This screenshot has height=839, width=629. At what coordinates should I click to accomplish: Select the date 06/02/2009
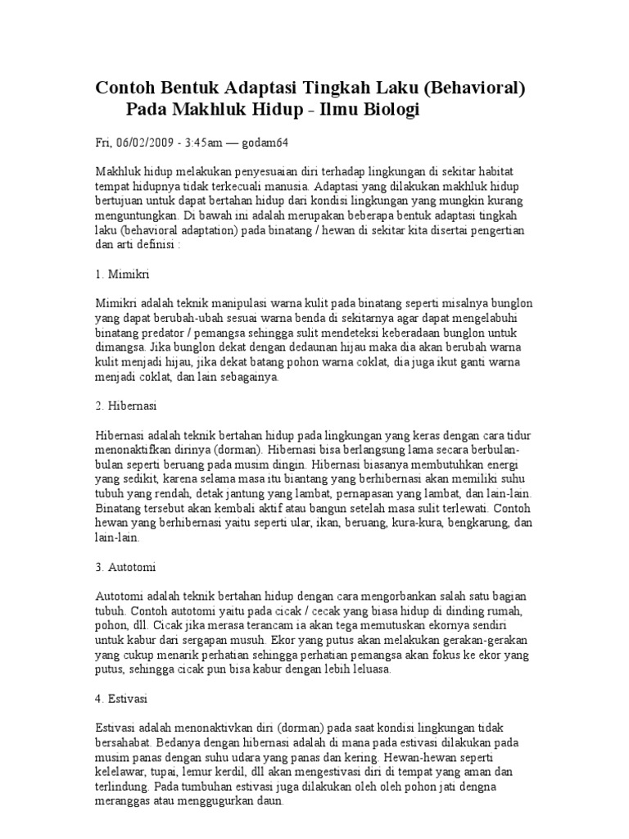(143, 142)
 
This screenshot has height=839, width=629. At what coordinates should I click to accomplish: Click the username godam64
(262, 142)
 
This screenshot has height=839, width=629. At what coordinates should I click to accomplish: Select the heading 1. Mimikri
(122, 271)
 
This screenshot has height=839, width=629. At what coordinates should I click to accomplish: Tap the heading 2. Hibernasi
(126, 406)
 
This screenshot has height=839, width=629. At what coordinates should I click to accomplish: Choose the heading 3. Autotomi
(126, 566)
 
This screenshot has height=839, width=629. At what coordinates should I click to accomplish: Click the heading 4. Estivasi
(122, 700)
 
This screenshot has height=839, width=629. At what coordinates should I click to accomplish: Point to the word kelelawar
(124, 773)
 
